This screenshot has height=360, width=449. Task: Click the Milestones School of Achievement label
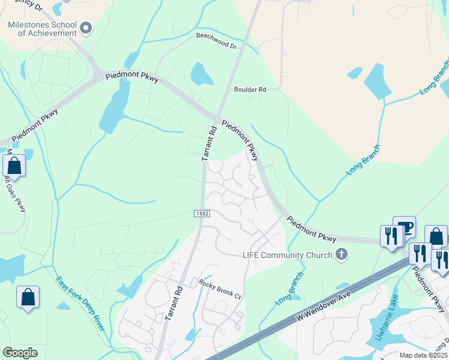(43, 29)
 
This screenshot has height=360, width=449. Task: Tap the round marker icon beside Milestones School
(86, 27)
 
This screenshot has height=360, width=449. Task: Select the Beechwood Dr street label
(216, 41)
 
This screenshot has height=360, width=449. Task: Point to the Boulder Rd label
(250, 89)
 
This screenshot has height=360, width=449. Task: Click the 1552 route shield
(202, 214)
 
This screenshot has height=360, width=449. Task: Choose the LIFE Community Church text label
(287, 255)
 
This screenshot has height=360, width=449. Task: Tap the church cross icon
(342, 254)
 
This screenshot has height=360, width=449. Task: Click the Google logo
(20, 353)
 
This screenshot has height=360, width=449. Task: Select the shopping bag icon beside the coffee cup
(436, 237)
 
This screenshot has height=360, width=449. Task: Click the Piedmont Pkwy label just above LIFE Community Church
(311, 230)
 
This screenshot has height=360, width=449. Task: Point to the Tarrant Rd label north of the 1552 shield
(209, 143)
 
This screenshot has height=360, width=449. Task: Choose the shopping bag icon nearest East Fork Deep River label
(28, 297)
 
